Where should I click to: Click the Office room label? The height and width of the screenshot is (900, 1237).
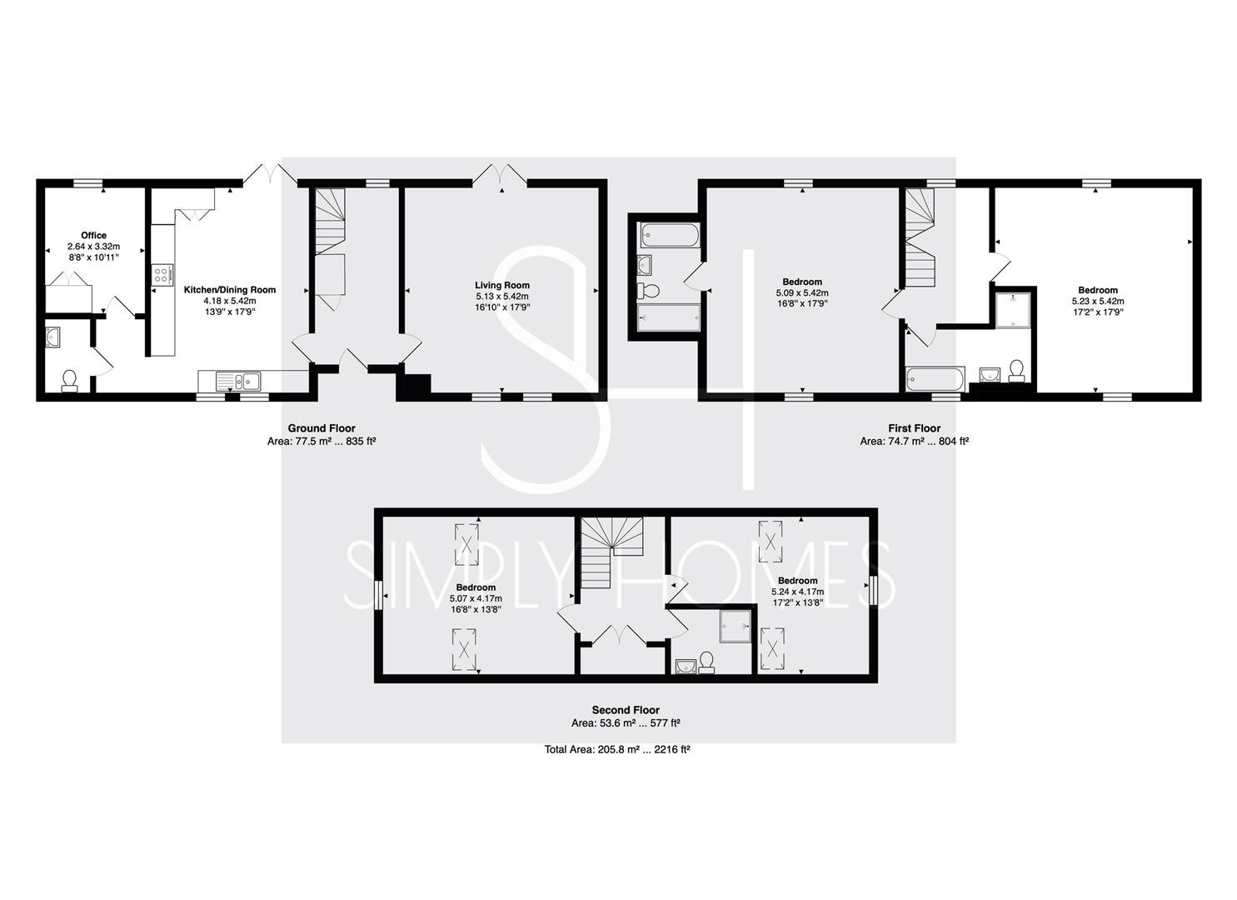pos(93,235)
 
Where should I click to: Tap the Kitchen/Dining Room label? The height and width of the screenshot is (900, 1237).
pos(230,289)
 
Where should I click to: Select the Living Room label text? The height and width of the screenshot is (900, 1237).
pos(502,285)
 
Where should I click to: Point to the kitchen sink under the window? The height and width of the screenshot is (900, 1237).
pos(238,381)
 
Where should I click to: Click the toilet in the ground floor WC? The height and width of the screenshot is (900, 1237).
pos(70,381)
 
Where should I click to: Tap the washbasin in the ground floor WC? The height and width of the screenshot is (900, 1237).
pos(53,337)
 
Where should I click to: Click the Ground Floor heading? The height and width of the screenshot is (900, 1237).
pos(322,428)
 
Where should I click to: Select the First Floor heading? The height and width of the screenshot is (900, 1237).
pos(914,428)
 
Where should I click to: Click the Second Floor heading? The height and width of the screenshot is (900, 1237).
pos(626,710)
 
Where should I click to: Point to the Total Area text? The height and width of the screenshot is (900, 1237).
pos(617,749)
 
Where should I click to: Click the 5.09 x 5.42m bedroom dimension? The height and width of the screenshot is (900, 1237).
pos(802,292)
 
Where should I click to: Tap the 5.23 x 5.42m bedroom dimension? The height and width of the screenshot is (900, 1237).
pos(1098,301)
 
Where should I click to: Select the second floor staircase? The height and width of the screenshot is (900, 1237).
pos(612,552)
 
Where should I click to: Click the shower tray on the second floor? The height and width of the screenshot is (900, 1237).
pos(735,626)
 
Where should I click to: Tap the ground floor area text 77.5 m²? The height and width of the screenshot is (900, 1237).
pos(322,442)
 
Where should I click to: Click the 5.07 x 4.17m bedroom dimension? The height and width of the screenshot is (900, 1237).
pos(476,598)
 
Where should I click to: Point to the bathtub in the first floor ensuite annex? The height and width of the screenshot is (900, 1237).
pos(669,235)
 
